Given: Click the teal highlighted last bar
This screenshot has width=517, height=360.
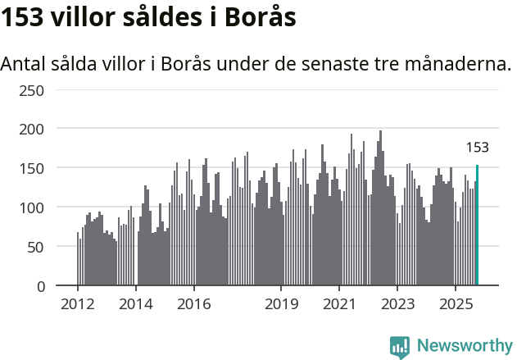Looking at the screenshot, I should pos(477,226).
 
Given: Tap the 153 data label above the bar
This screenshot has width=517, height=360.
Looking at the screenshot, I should pos(477,148).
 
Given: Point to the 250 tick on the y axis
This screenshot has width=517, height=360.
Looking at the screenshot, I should pos(32,89).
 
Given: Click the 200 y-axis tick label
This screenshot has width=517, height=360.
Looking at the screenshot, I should pos(32,129).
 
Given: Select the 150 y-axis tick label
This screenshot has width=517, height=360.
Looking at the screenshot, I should pos(32,168).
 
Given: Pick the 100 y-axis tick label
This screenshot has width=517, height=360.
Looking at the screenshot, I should pos(32,207).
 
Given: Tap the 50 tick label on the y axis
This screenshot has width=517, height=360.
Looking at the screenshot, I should pos(36,247).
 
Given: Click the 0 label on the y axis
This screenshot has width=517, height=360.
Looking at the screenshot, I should pos(40,286).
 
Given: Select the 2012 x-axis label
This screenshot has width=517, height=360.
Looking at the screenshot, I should pos(78,305).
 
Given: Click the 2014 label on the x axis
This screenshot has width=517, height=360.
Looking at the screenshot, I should pos(136,305).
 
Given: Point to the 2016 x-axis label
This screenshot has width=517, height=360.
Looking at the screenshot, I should pos(193,305).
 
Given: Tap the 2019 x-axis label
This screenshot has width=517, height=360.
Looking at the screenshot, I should pos(281,305).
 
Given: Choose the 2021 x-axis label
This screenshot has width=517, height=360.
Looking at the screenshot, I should pos(339,305).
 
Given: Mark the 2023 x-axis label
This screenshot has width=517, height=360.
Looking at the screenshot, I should pos(397,305).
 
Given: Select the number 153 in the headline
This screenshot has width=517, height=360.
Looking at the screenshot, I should pos(22,18).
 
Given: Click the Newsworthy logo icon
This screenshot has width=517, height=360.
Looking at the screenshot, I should pos(400,347).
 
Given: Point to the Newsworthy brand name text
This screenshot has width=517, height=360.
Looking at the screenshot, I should pos(464,346).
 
